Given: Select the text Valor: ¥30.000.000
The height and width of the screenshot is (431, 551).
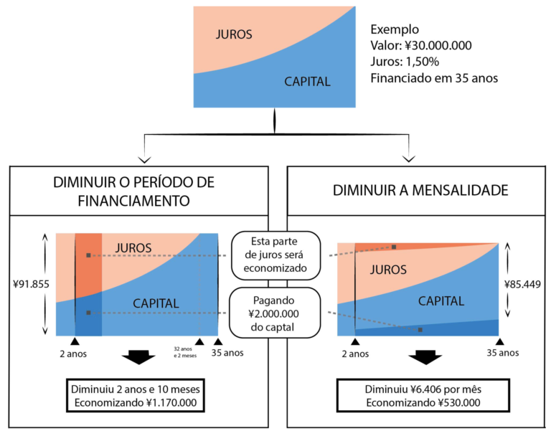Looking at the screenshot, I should click(420, 45).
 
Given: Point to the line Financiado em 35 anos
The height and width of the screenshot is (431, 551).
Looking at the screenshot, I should click(433, 77).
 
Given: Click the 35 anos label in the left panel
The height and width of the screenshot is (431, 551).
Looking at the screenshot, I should click(228, 353).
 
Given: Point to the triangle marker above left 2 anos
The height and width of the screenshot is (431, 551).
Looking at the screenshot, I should click(75, 341).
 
